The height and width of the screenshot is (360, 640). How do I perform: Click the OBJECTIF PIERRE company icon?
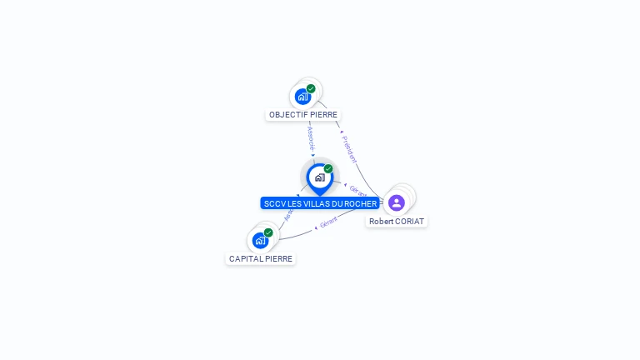tap(302, 96)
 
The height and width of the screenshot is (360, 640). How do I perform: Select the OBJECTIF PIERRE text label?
tap(303, 115)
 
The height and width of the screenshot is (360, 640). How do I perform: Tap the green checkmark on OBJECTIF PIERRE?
tap(311, 88)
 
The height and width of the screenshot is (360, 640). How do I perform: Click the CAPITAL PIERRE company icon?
tap(260, 240)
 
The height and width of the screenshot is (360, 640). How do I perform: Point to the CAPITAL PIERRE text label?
tap(261, 259)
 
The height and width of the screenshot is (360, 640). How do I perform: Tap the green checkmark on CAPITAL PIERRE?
tap(268, 232)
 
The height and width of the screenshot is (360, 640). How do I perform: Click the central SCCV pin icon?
tap(319, 177)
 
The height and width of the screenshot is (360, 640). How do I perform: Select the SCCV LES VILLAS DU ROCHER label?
tap(320, 203)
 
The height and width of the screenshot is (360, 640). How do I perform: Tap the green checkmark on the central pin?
tap(328, 169)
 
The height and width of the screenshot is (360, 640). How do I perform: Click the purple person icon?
tap(397, 202)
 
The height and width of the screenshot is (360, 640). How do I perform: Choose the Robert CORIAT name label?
tap(397, 222)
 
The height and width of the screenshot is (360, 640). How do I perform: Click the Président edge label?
tap(349, 148)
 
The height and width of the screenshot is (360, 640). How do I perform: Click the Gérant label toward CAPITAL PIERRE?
tap(328, 224)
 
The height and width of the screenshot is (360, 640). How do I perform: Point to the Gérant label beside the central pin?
tap(357, 191)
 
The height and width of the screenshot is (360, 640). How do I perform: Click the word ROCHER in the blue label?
tap(360, 203)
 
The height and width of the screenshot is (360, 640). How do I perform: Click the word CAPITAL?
tap(245, 259)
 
